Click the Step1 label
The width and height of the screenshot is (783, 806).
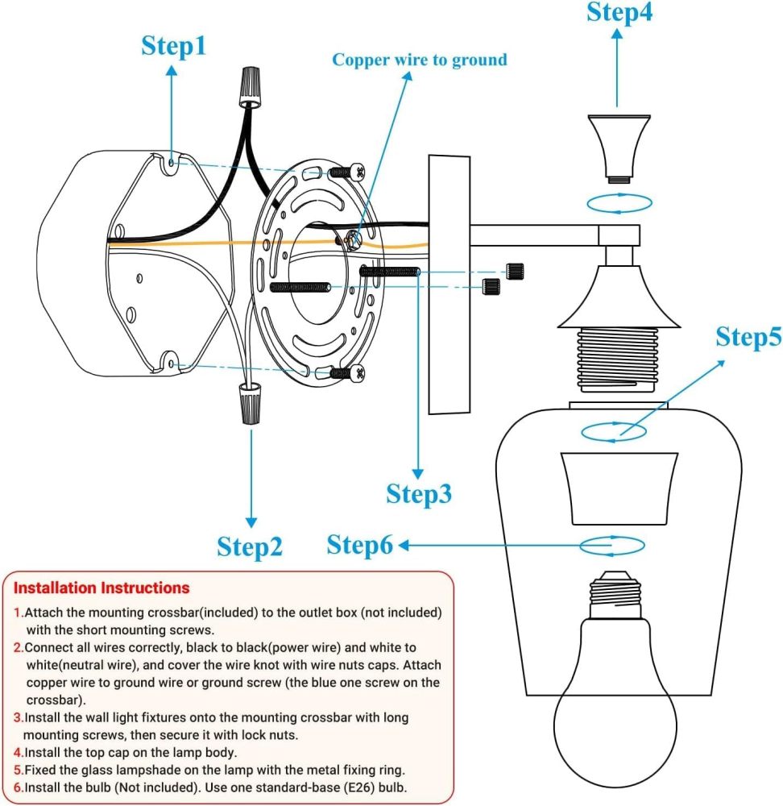tap(174, 46)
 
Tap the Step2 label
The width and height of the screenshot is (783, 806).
tap(250, 546)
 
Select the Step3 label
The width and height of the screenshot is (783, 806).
tap(419, 493)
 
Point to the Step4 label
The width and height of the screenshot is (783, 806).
tap(619, 12)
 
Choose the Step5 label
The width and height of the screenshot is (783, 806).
tap(748, 337)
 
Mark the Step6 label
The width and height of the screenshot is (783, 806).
tap(359, 546)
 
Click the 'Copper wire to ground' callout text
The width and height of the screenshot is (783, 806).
tap(420, 60)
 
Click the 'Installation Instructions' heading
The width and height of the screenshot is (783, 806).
tap(101, 588)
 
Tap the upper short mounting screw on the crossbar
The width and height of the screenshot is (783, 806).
tap(346, 171)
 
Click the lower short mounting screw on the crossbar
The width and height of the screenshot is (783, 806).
tap(346, 372)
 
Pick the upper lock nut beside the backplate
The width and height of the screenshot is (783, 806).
tap(513, 271)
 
